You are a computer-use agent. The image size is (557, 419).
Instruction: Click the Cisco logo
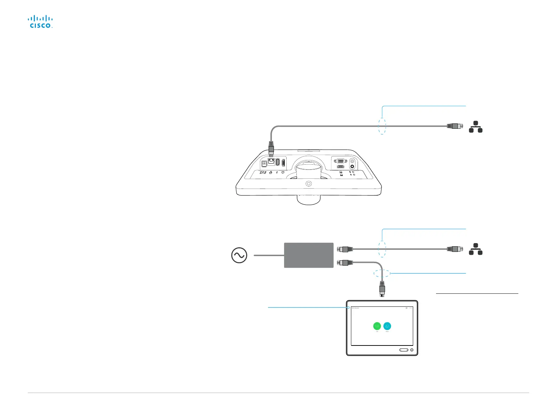point(40,22)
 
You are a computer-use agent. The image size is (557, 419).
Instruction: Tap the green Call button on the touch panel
point(377,326)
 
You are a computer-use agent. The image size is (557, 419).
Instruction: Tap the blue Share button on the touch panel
point(387,326)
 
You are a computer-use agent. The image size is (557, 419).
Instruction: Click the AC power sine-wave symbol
point(239,256)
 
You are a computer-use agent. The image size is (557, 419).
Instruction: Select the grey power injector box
point(308,255)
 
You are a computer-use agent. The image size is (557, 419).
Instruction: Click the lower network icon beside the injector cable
point(475,249)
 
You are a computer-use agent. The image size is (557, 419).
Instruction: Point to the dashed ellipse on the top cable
point(382,126)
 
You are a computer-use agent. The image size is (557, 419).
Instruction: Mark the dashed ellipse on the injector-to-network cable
point(382,249)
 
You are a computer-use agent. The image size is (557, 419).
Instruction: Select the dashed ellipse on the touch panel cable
point(382,273)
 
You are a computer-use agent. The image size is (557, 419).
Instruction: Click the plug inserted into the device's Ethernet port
point(271,148)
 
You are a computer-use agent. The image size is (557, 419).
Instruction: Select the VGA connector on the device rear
point(340,160)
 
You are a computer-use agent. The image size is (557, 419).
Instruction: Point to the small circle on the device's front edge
point(308,184)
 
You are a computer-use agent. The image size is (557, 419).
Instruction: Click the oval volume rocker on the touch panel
point(404,350)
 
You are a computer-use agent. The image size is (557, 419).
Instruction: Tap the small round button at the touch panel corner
point(412,350)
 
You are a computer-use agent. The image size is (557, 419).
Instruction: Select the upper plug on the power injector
point(343,249)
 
